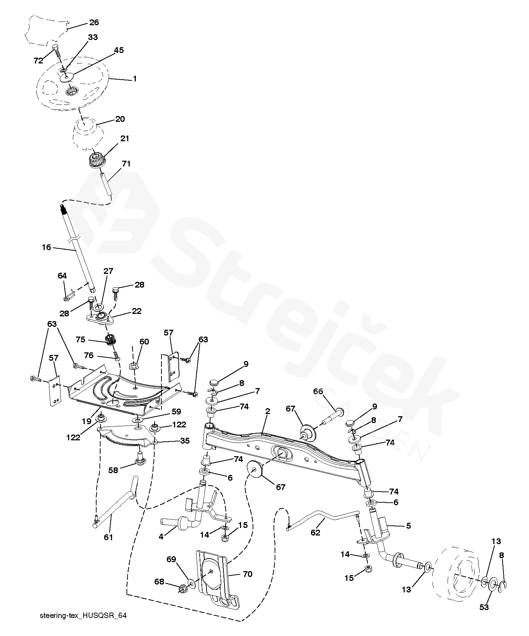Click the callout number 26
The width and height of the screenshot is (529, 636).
click(94, 22)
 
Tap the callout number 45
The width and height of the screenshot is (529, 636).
click(119, 50)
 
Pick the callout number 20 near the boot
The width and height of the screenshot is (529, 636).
click(120, 119)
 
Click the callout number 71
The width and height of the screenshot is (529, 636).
click(126, 164)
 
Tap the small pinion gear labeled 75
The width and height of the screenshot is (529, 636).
click(110, 339)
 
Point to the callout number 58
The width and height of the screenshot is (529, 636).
click(113, 470)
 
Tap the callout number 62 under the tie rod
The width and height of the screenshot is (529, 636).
click(315, 533)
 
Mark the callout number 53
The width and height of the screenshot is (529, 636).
click(484, 607)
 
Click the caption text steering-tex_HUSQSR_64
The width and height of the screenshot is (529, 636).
click(83, 615)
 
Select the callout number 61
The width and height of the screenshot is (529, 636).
click(108, 537)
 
